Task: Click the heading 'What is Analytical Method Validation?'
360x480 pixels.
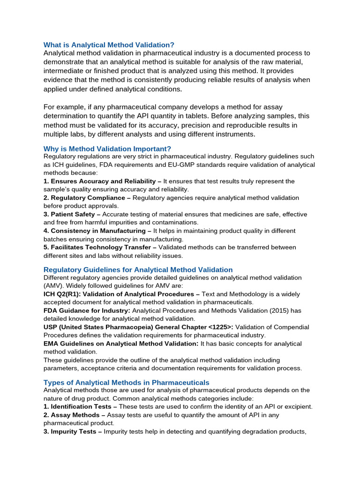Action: coord(109,45)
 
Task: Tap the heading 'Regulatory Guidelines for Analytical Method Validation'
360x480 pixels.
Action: coord(138,270)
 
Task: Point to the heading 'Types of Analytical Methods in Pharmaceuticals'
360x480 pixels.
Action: coord(126,382)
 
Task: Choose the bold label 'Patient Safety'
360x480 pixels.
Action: coord(73,214)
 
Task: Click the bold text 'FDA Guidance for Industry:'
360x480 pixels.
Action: coord(87,311)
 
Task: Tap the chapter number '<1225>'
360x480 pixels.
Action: coord(221,327)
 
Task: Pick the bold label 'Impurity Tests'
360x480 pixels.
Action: coord(74,431)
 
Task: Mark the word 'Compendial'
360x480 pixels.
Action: coord(288,327)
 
